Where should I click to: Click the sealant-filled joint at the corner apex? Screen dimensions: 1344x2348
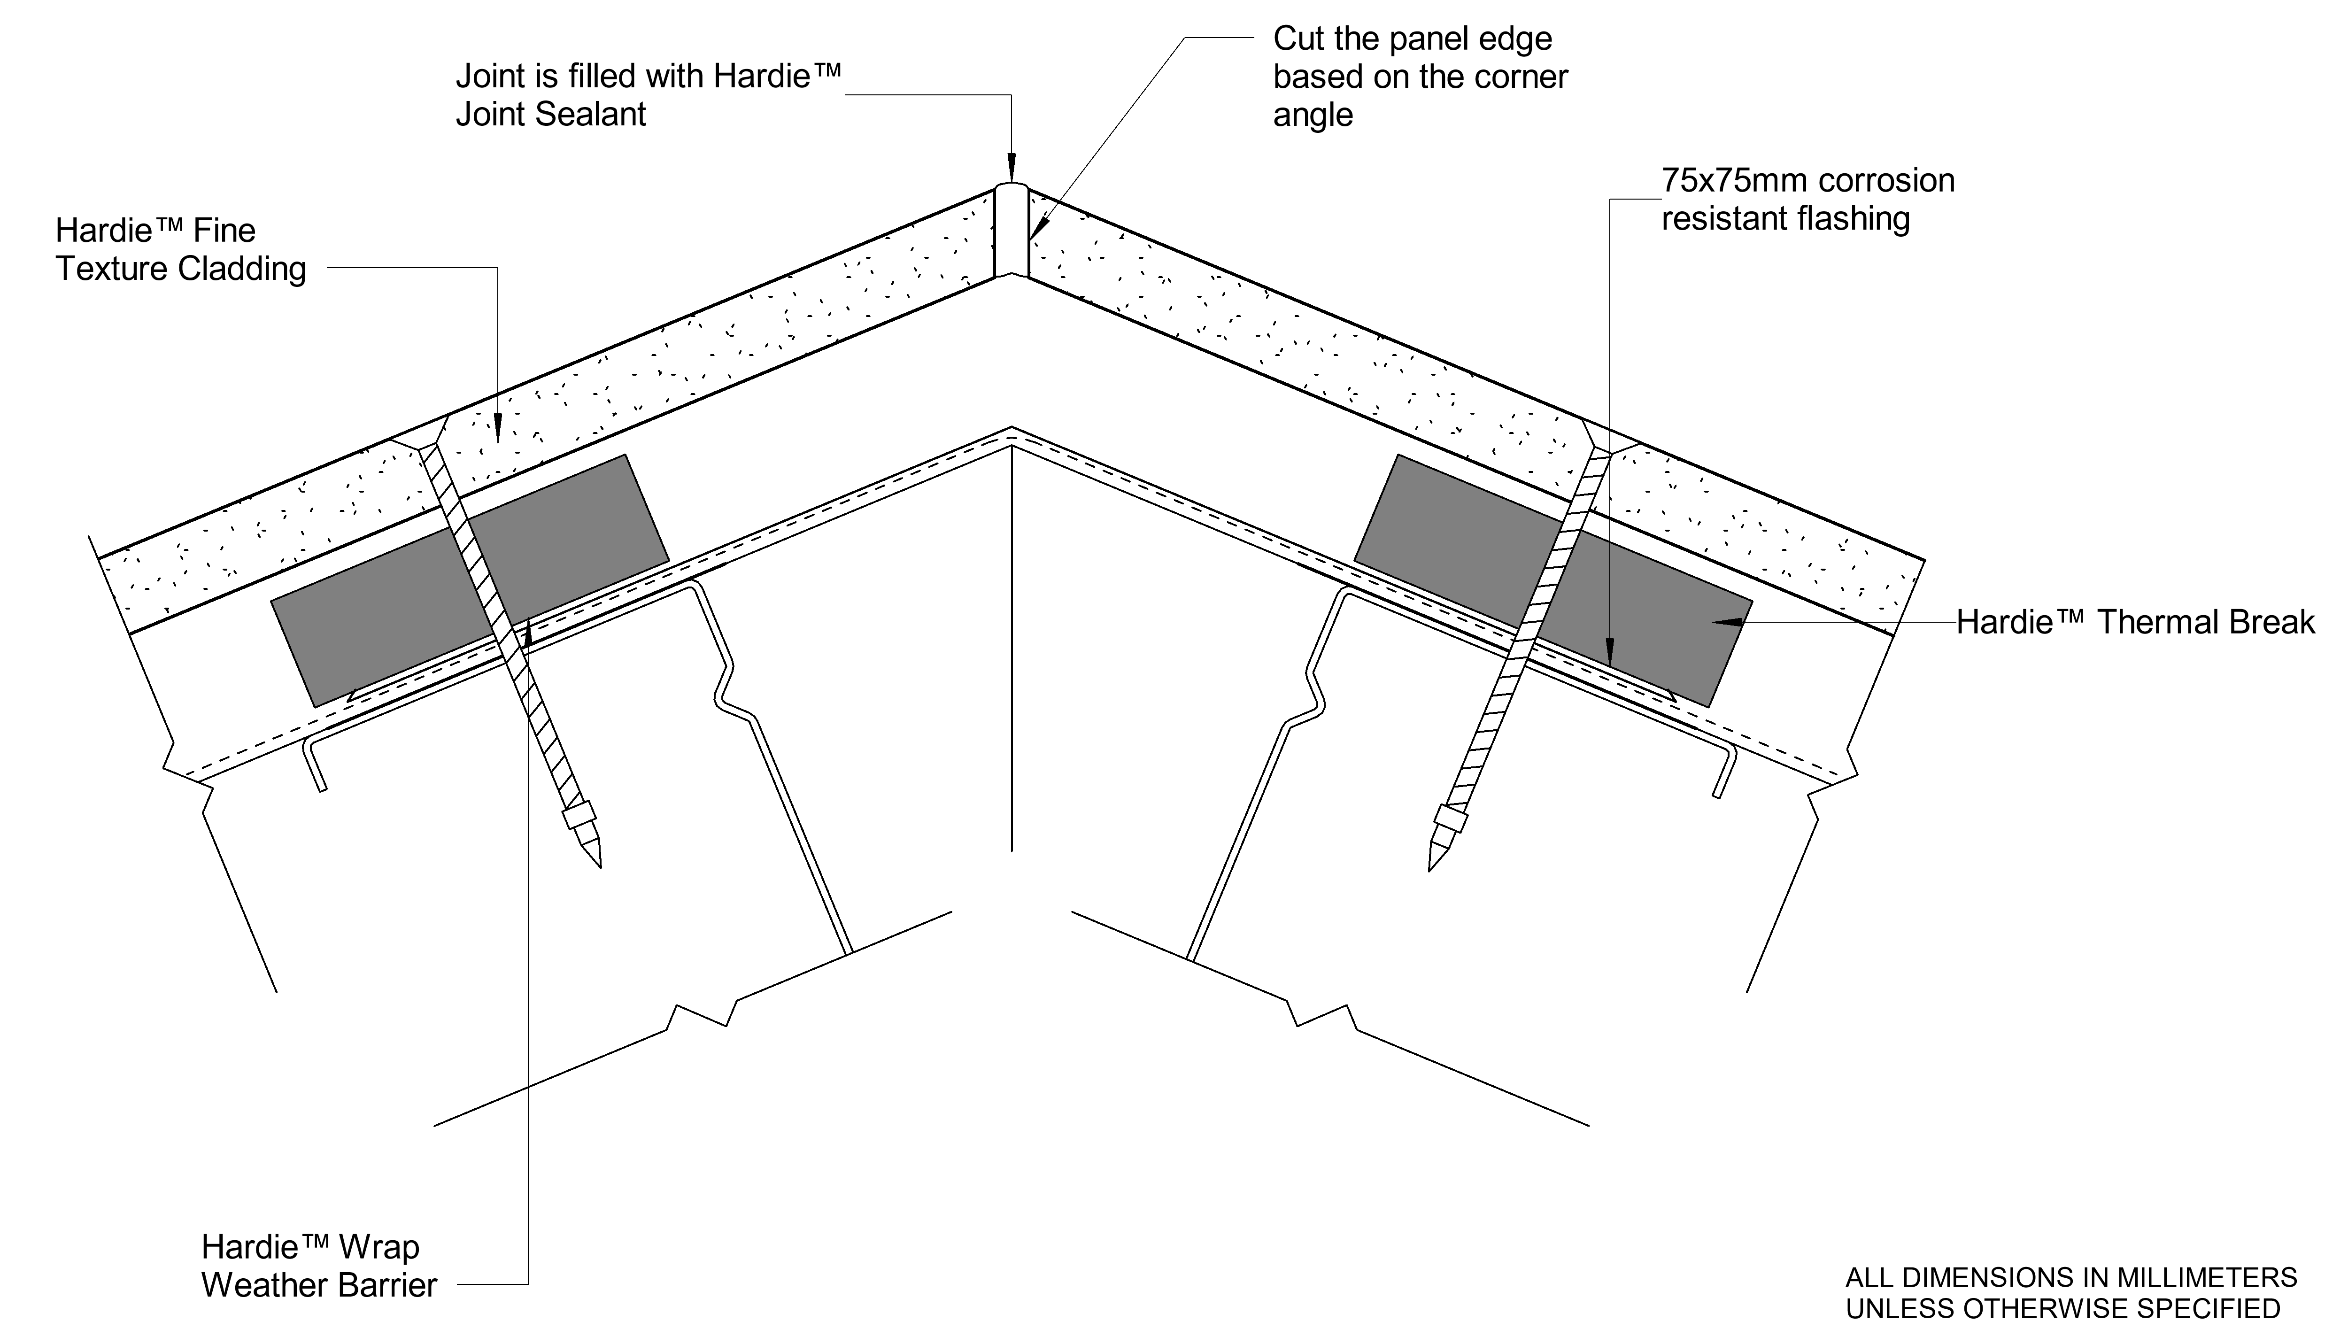[x=1011, y=231]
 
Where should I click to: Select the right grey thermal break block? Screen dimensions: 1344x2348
[x=1652, y=637]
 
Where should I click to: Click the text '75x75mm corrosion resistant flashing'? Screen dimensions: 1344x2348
[x=1807, y=200]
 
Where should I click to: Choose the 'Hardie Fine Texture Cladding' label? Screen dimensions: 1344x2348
[x=181, y=249]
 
